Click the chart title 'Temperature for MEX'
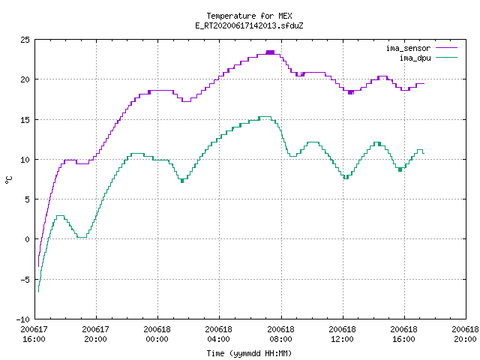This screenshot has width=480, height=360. (x=249, y=16)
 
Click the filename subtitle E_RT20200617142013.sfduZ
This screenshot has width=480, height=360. (x=249, y=25)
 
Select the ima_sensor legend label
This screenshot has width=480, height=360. (x=408, y=48)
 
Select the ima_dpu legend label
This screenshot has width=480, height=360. (x=415, y=58)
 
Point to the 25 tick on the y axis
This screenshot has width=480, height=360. (x=25, y=40)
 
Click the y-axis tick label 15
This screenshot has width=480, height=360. (x=25, y=120)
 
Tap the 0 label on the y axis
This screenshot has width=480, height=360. (x=27, y=239)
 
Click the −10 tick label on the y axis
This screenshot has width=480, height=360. (x=22, y=319)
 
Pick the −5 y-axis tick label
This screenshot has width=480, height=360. (x=25, y=280)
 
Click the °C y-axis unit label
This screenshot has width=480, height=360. (x=8, y=180)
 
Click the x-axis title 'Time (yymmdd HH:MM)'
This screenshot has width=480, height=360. (x=249, y=353)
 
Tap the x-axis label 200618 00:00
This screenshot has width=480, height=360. (x=157, y=334)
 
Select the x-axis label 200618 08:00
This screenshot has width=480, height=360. (x=280, y=334)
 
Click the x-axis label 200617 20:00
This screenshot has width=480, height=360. (x=95, y=334)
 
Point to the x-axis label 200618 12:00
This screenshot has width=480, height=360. (x=342, y=334)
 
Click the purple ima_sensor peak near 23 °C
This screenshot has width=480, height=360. (x=270, y=52)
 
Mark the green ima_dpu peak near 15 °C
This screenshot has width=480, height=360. (x=265, y=117)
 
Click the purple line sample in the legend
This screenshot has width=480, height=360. (x=446, y=48)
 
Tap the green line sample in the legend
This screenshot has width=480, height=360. (x=446, y=57)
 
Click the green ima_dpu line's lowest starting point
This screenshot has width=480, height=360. (x=38, y=292)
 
